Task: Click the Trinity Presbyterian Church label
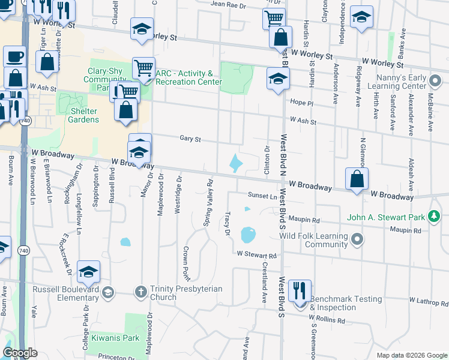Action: (x=186, y=293)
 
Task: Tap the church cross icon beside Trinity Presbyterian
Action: (x=140, y=292)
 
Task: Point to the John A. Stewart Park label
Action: (x=384, y=217)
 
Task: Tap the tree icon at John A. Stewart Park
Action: (x=432, y=217)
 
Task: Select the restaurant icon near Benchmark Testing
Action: (x=299, y=291)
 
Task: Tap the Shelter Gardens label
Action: (x=76, y=115)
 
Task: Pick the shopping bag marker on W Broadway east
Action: (x=357, y=178)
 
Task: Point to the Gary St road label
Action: (x=190, y=139)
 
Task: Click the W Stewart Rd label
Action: (x=256, y=255)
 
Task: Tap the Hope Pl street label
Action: (x=301, y=103)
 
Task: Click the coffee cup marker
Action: (x=15, y=56)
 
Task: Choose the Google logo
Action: (x=20, y=353)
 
